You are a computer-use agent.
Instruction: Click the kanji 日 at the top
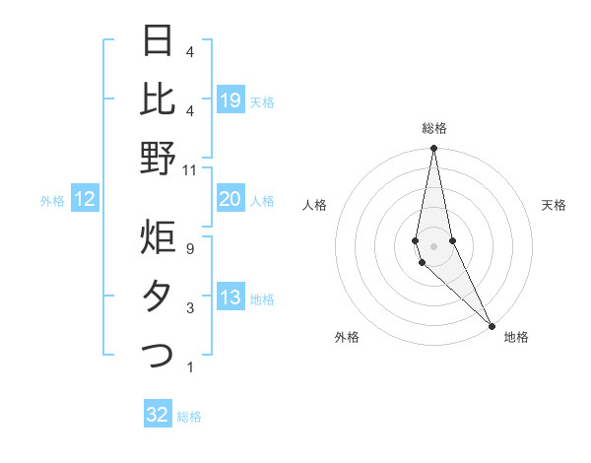(158, 40)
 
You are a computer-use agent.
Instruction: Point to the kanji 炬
(158, 236)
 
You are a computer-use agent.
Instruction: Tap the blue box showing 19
(230, 100)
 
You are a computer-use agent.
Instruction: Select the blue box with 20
(230, 200)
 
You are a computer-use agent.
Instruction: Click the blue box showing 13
(230, 298)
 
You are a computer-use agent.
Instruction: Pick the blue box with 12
(85, 200)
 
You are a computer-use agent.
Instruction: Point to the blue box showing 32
(158, 415)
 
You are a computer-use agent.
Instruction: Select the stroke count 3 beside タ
(189, 308)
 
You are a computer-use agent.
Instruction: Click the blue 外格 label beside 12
(52, 201)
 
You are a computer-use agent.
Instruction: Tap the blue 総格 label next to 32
(189, 417)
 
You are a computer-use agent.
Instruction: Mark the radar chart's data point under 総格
(433, 149)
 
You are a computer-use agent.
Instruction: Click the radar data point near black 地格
(492, 326)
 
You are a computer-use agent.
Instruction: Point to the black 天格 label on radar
(554, 205)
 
